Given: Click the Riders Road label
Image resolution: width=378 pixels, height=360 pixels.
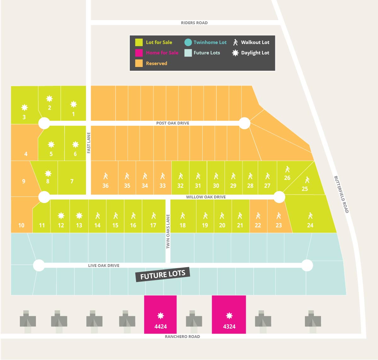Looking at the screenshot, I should click(x=194, y=23).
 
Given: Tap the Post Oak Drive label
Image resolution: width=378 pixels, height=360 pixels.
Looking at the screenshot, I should click(x=173, y=123).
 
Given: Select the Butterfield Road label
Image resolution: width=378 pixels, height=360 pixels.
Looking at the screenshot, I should click(x=341, y=194).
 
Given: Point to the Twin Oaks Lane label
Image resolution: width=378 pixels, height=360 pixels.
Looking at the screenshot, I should click(x=168, y=231).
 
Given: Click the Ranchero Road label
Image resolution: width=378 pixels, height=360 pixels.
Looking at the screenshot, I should click(x=182, y=336).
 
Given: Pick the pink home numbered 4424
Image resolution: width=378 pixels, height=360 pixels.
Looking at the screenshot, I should click(x=160, y=314).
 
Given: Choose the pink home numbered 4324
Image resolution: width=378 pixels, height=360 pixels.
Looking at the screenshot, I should click(x=229, y=314).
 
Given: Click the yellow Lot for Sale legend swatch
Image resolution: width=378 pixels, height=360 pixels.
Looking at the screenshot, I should click(x=139, y=42).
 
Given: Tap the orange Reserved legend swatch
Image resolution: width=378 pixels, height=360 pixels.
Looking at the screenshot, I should click(x=139, y=63).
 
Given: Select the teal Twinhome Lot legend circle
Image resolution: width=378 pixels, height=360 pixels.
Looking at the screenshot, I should click(x=188, y=42).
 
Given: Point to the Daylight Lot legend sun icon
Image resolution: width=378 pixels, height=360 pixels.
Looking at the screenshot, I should click(x=235, y=53).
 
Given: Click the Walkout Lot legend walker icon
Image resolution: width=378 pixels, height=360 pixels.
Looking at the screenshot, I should click(x=235, y=42).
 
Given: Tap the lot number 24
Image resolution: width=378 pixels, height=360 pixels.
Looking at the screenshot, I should click(x=310, y=225).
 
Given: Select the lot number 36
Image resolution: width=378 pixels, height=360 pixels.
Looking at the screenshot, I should click(x=106, y=186).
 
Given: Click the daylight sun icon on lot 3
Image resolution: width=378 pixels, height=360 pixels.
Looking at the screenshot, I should click(x=25, y=108).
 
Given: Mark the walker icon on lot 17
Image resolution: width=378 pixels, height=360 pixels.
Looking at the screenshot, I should click(x=153, y=216).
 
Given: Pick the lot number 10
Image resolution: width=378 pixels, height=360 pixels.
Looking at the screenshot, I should click(x=21, y=225).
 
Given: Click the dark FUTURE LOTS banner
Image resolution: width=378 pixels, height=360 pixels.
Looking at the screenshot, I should click(x=163, y=274).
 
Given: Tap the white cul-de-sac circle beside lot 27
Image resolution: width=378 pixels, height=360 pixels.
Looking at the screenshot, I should click(x=279, y=197).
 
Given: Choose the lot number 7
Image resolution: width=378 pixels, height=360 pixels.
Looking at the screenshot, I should click(x=72, y=181).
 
